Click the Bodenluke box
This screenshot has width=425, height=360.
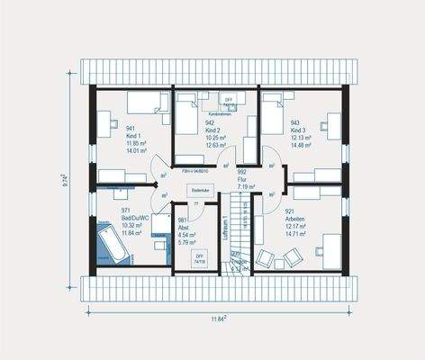[x=199, y=190]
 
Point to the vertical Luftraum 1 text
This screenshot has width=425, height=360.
[x=223, y=232]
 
